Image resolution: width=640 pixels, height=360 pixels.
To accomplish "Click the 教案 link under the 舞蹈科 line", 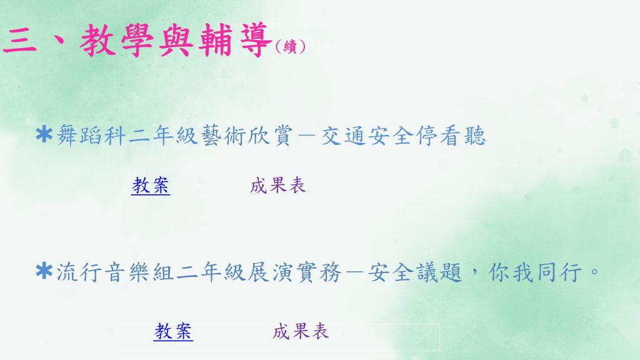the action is (x=151, y=185).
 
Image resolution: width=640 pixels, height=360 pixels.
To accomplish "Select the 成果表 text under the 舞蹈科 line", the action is (x=278, y=185).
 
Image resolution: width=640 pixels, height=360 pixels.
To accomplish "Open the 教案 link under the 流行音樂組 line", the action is (x=174, y=331).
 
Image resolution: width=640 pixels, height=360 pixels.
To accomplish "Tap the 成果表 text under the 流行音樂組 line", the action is (x=301, y=331).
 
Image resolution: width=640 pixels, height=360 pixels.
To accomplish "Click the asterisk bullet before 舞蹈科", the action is (x=44, y=134).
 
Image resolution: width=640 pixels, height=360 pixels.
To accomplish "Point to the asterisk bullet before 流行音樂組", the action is (x=44, y=271).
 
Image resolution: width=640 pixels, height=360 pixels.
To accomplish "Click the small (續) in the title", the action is (x=290, y=46).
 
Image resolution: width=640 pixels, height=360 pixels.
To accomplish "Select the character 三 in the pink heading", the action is (x=19, y=41).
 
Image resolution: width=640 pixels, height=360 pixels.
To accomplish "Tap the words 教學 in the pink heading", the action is (x=117, y=40).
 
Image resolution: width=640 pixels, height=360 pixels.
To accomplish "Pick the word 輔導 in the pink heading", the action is (x=236, y=40).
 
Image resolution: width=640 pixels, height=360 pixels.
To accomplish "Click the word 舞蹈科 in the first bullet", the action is (x=91, y=136).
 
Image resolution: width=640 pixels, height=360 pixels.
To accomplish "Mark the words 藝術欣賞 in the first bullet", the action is (x=246, y=136).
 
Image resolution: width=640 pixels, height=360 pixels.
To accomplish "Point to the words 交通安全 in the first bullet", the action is (x=367, y=136).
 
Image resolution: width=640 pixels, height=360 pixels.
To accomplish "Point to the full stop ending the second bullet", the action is (x=595, y=271).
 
